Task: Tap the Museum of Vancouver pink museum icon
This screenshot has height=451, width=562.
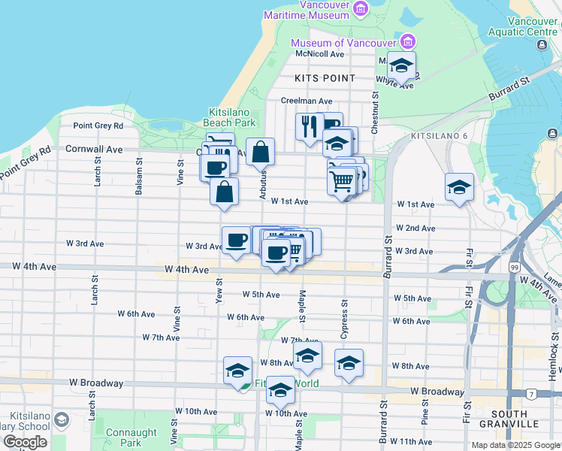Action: coord(408,42)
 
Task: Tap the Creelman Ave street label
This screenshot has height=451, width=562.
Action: coord(307,101)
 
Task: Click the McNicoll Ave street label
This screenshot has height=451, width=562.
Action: coord(319,54)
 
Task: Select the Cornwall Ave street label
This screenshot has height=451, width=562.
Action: coord(94,150)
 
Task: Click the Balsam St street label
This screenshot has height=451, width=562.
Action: coord(139,177)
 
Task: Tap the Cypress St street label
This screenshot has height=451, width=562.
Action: coord(345,309)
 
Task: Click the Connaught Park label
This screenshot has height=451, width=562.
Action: coord(132,437)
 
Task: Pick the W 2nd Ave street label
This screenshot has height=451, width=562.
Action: coord(415,228)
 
